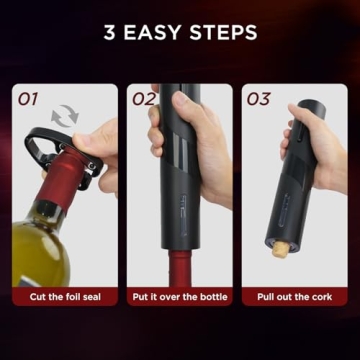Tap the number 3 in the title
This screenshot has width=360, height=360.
[110, 31]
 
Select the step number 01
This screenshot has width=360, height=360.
[27, 99]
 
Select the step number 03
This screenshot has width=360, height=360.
[259, 99]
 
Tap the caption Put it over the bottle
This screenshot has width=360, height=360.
[180, 297]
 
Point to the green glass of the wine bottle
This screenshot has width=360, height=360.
[40, 250]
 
